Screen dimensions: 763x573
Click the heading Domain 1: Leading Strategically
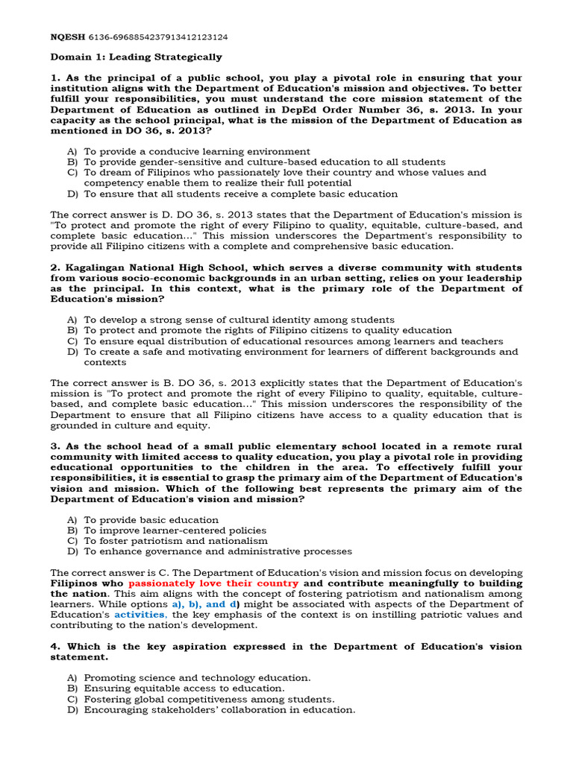tap(136, 57)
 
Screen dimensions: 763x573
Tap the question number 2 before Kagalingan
tap(54, 267)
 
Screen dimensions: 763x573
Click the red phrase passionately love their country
tap(213, 583)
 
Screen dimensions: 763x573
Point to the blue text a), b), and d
tap(204, 604)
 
